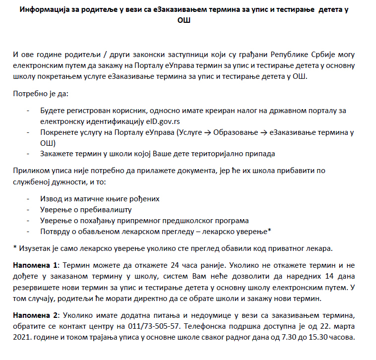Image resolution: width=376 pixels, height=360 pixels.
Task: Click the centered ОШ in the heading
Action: point(184,21)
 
